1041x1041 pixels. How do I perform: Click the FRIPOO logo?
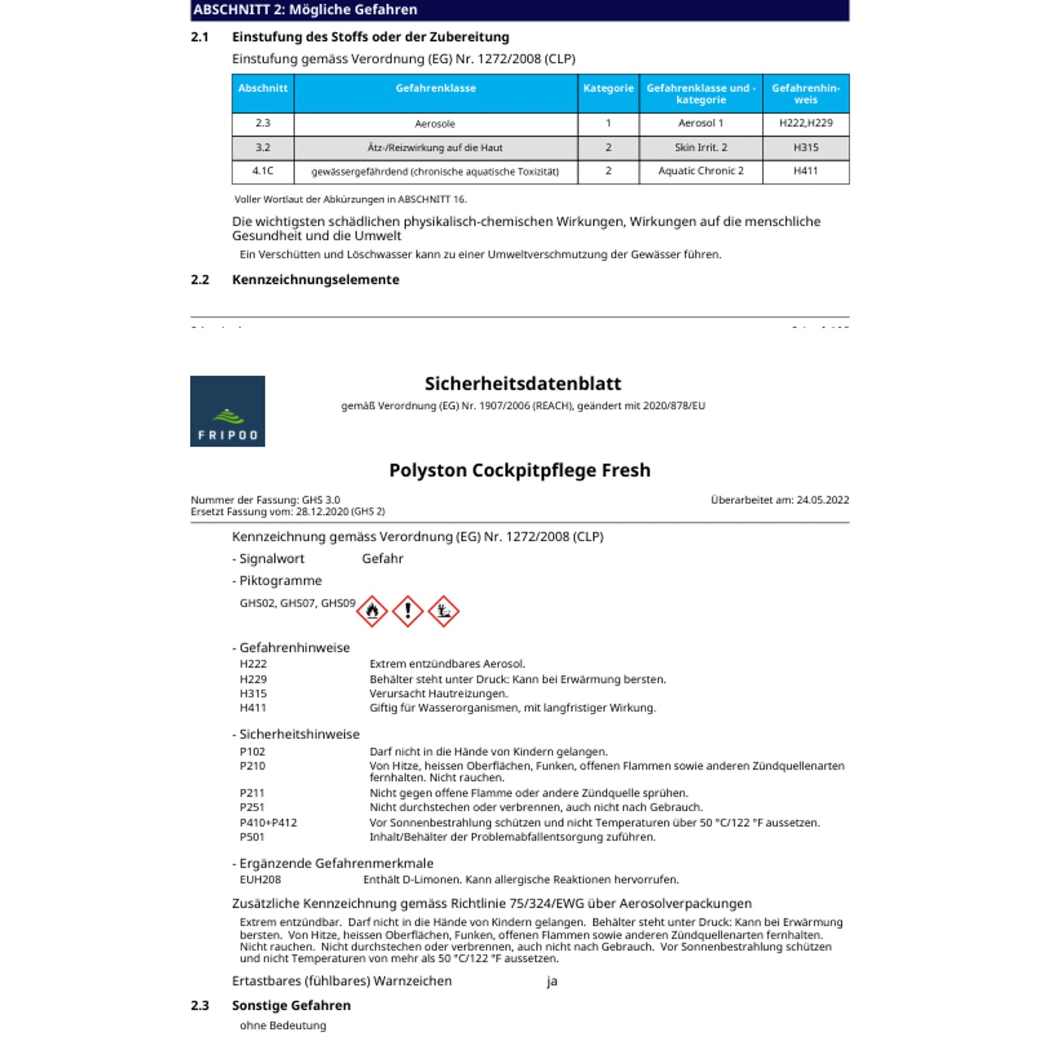pyautogui.click(x=228, y=411)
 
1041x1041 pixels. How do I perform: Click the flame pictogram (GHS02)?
pyautogui.click(x=372, y=611)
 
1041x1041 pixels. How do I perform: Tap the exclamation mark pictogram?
pyautogui.click(x=408, y=611)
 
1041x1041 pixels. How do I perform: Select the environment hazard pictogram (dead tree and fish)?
pyautogui.click(x=443, y=611)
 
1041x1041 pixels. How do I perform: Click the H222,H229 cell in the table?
pyautogui.click(x=806, y=124)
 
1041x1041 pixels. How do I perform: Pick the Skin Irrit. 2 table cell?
pyautogui.click(x=701, y=147)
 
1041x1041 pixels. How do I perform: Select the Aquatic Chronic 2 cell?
pyautogui.click(x=701, y=171)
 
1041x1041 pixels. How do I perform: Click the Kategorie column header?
pyautogui.click(x=608, y=89)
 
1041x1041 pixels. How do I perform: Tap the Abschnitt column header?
pyautogui.click(x=263, y=89)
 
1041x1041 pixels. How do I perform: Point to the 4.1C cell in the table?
pyautogui.click(x=263, y=171)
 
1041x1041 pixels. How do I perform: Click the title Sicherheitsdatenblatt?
pyautogui.click(x=523, y=384)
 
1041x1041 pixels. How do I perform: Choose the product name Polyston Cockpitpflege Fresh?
pyautogui.click(x=520, y=471)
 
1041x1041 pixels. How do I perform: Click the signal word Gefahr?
pyautogui.click(x=382, y=559)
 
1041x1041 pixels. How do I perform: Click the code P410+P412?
pyautogui.click(x=269, y=822)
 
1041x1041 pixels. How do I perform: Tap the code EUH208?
pyautogui.click(x=260, y=879)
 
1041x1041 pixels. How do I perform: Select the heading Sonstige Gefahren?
pyautogui.click(x=291, y=1006)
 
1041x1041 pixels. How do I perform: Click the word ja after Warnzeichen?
pyautogui.click(x=552, y=981)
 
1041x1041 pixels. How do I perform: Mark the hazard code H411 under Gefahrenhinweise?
pyautogui.click(x=253, y=708)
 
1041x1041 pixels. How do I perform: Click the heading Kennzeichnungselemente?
pyautogui.click(x=316, y=280)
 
